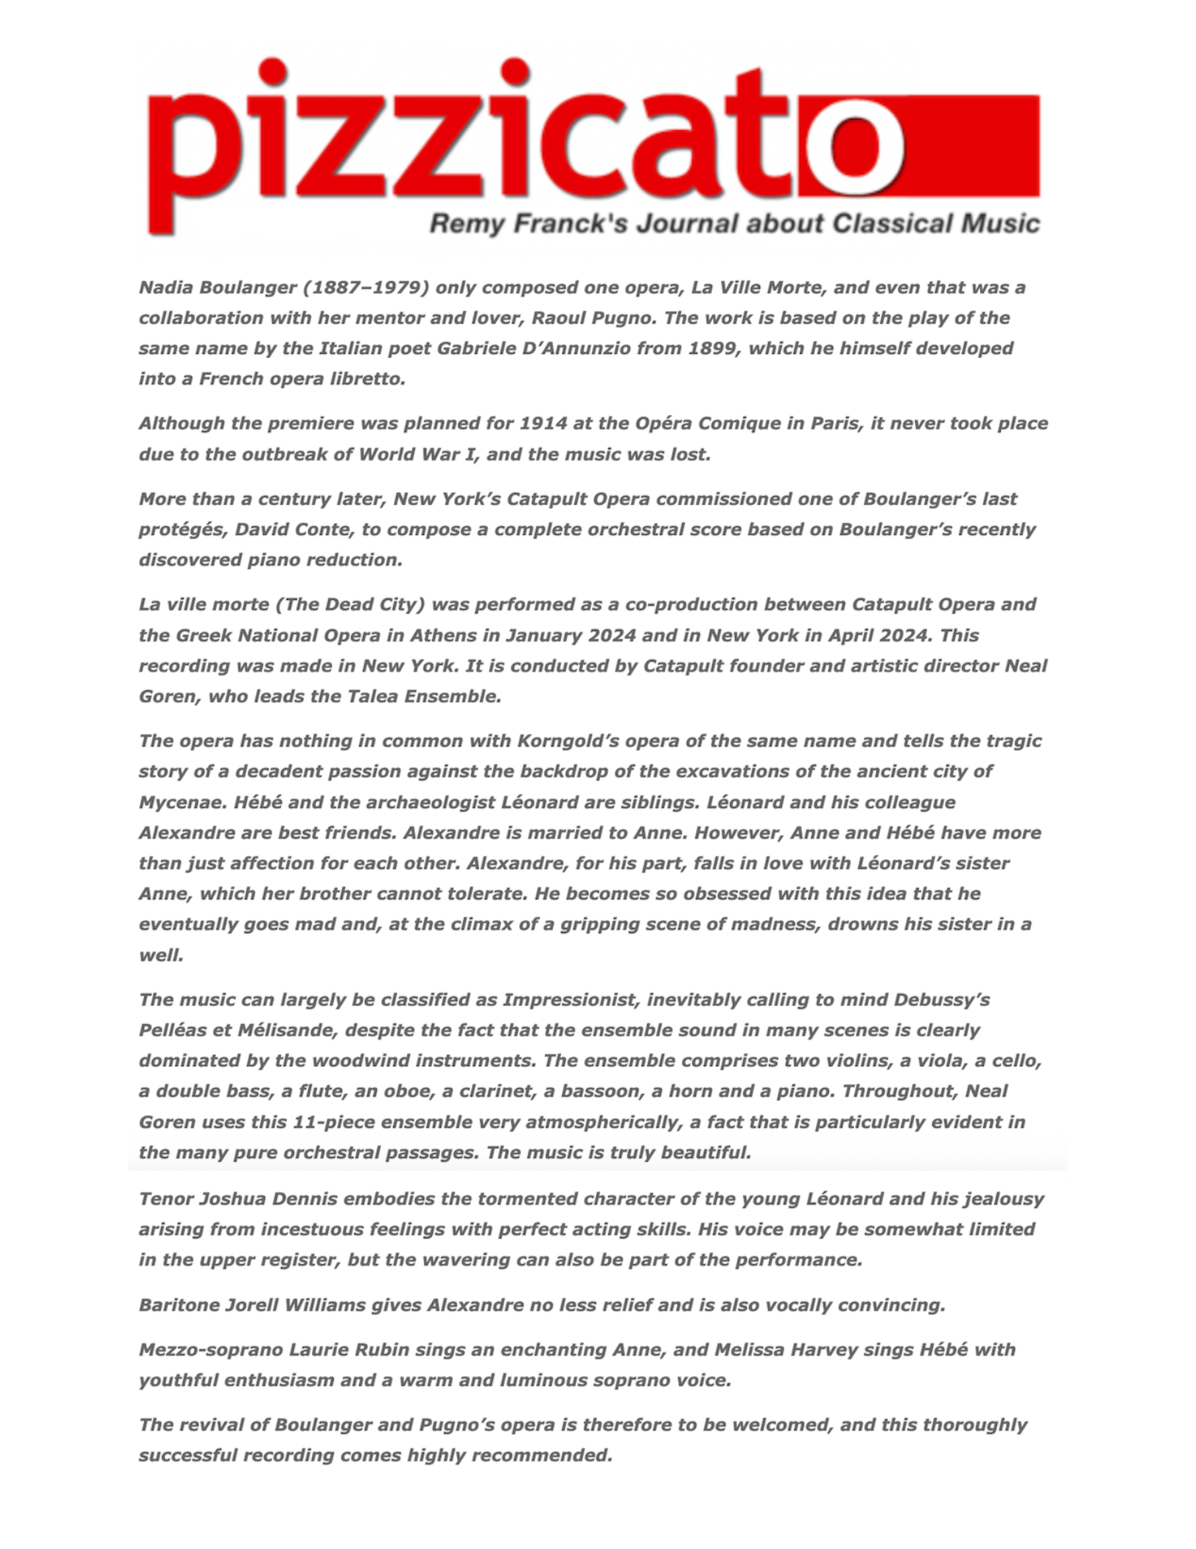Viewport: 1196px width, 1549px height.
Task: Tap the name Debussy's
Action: click(941, 1001)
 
